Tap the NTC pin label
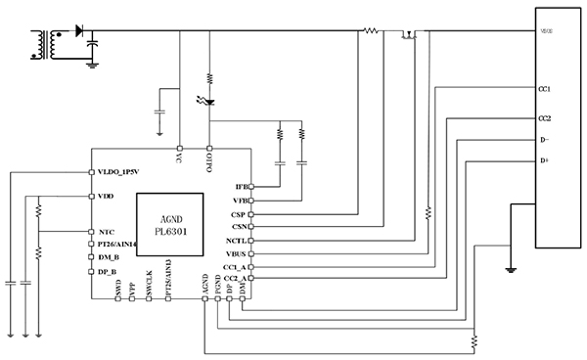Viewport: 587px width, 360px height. click(x=107, y=232)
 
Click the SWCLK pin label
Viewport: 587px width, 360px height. click(x=149, y=284)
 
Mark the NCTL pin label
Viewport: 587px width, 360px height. click(x=236, y=240)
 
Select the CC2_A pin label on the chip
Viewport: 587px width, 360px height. click(x=235, y=279)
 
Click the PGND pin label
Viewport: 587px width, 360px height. click(x=217, y=284)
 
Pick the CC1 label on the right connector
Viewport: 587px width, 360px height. click(x=544, y=89)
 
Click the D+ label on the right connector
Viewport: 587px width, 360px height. click(x=543, y=160)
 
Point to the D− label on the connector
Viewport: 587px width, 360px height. click(x=543, y=139)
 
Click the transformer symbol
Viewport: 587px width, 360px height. click(x=43, y=45)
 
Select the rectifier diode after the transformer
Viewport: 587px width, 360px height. click(x=78, y=30)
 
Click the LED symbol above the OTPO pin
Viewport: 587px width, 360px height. click(x=209, y=99)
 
